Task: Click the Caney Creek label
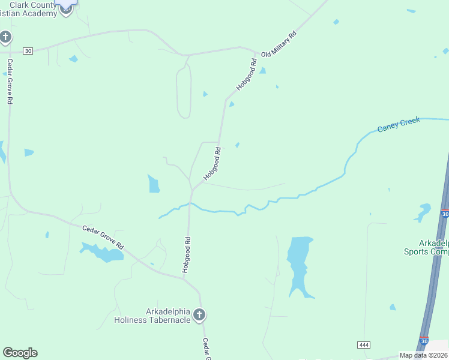pos(399,125)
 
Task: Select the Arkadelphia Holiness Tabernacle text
pos(152,316)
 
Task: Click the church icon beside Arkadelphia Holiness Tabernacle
pos(199,314)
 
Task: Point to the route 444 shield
pos(363,345)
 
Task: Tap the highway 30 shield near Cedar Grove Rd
pos(28,51)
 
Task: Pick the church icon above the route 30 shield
pos(5,38)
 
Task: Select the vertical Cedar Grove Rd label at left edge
pos(10,81)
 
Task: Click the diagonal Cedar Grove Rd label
pos(103,238)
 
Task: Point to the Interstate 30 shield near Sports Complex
pos(444,214)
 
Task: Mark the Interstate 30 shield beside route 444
pos(424,341)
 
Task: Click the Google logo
pos(20,353)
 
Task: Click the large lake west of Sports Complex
pos(299,264)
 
